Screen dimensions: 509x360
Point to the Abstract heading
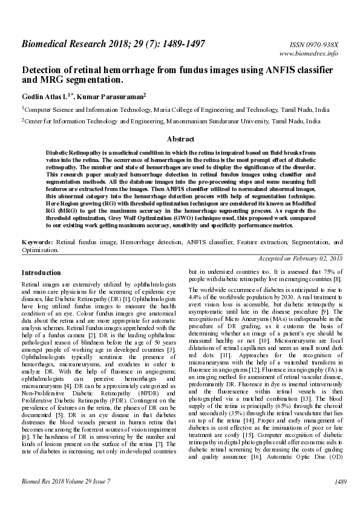pos(180,139)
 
